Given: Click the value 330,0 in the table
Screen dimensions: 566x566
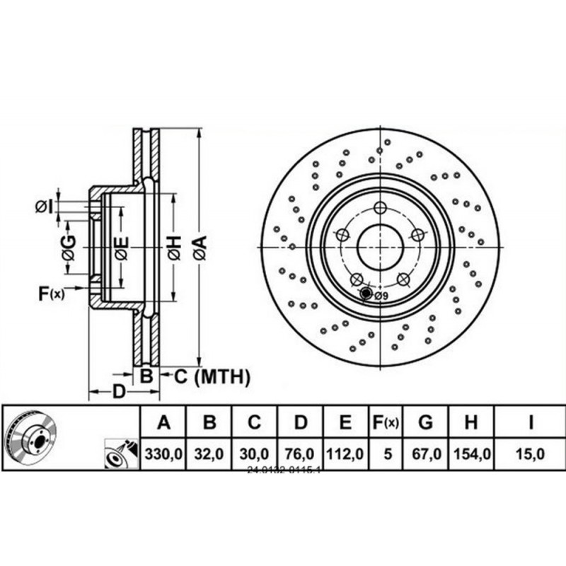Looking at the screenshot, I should [x=163, y=454].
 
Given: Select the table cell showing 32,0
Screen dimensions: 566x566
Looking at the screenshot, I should [x=209, y=454].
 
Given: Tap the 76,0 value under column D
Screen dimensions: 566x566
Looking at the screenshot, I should [x=301, y=454].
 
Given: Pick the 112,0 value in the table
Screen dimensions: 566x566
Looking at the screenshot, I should [x=345, y=454].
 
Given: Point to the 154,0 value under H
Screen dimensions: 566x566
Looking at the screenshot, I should [x=470, y=454].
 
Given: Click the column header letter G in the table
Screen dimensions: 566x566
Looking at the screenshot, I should [x=425, y=423].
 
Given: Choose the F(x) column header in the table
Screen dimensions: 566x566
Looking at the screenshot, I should [x=386, y=423].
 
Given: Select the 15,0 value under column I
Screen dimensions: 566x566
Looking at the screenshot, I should [x=529, y=454].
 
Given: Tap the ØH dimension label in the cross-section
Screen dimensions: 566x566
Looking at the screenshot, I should [x=175, y=248].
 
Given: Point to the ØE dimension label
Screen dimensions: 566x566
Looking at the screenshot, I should [x=122, y=248].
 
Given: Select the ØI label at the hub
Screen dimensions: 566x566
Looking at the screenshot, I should [x=44, y=207].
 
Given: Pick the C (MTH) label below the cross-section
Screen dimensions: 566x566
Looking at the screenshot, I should [x=212, y=377].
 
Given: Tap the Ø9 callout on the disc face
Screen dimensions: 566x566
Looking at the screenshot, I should [x=380, y=296].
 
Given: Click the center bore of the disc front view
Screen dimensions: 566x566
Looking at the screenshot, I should [x=380, y=246].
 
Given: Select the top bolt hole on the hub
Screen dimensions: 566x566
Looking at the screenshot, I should [x=380, y=207].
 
